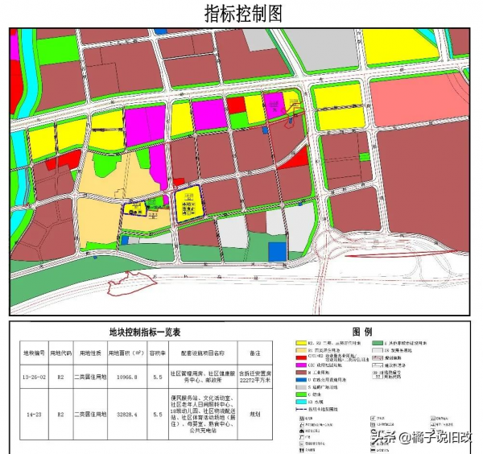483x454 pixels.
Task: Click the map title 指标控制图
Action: pos(242,14)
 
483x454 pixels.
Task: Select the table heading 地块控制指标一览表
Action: pos(145,332)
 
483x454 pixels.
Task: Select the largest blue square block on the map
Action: pos(277,251)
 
